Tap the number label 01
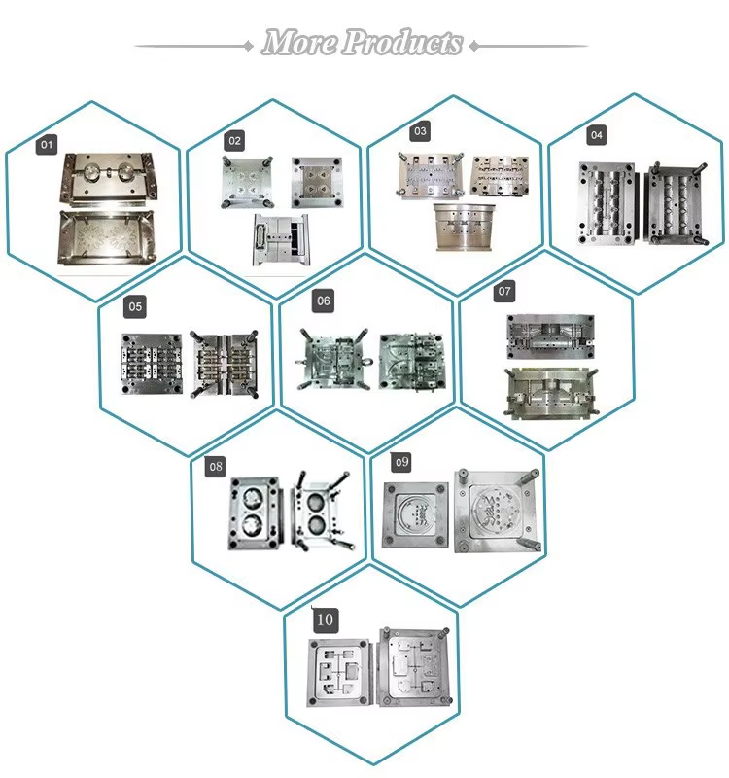[x=47, y=145]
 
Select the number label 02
[x=234, y=141]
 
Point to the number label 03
[x=420, y=129]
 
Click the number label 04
[x=596, y=133]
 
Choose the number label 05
[x=135, y=307]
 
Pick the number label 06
[x=324, y=301]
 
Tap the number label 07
[x=504, y=290]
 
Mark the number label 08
[x=215, y=467]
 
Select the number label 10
[x=324, y=619]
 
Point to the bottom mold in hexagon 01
[x=104, y=237]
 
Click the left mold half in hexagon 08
[x=256, y=513]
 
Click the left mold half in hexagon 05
[x=151, y=364]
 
